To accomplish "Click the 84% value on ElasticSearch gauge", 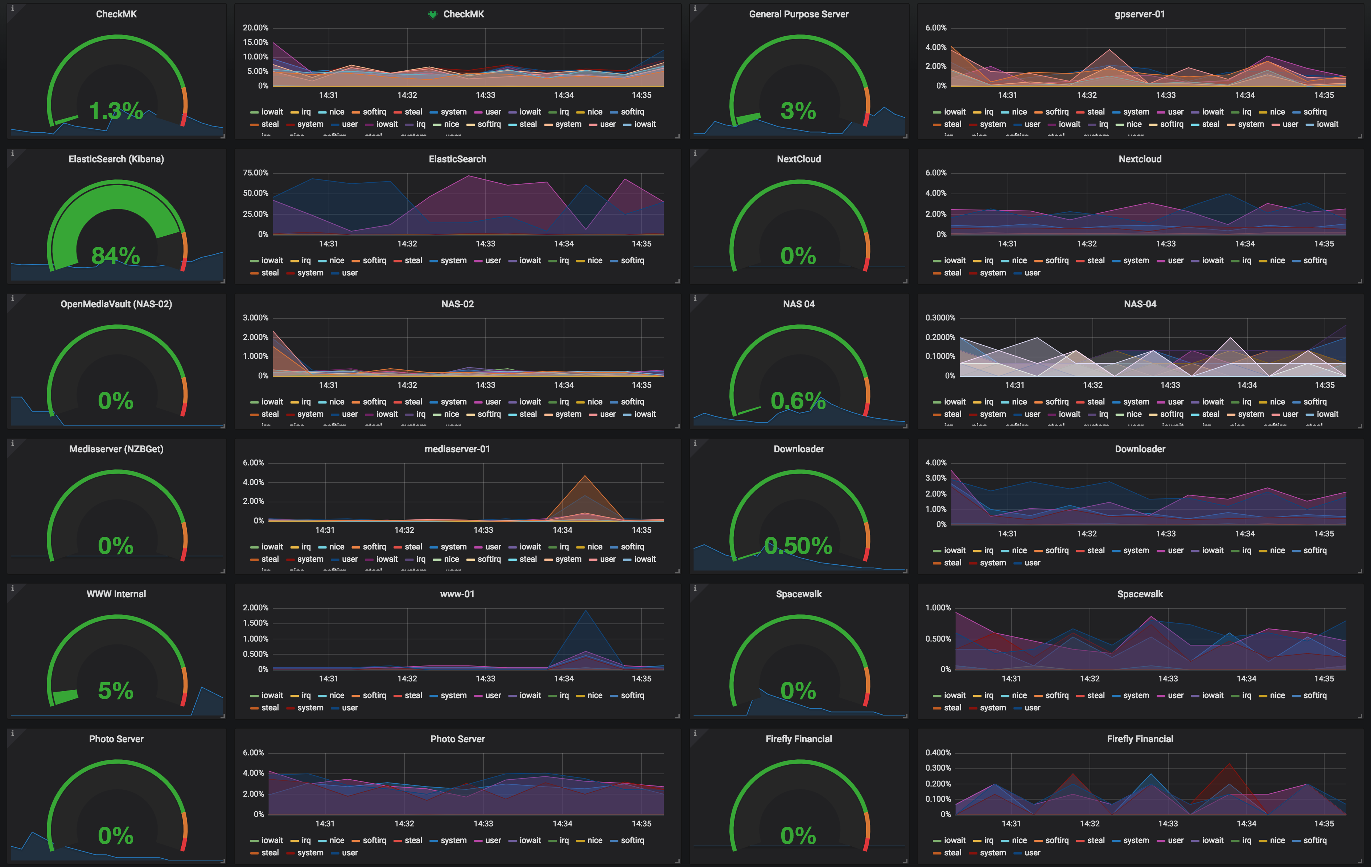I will [x=116, y=256].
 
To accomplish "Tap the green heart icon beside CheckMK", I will [x=433, y=15].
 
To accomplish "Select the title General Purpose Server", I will [x=798, y=14].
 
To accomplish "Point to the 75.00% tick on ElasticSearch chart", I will [x=255, y=173].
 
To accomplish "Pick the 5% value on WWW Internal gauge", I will [x=116, y=690].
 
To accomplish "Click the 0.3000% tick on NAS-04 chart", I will [x=940, y=318].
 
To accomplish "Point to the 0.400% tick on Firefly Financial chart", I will [x=938, y=753].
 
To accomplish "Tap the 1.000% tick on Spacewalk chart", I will [x=938, y=607].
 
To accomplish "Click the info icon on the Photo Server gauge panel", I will [x=13, y=733].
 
